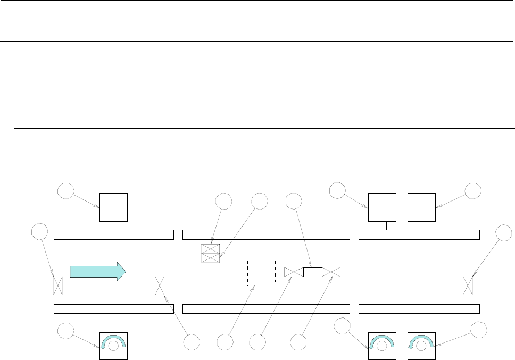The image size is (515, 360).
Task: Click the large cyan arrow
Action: pyautogui.click(x=98, y=271)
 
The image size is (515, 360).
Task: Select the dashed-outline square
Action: pyautogui.click(x=262, y=272)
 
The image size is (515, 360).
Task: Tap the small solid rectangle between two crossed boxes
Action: pyautogui.click(x=313, y=272)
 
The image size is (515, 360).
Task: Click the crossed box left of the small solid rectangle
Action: pyautogui.click(x=294, y=272)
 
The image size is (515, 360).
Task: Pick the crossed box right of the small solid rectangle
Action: pyautogui.click(x=331, y=272)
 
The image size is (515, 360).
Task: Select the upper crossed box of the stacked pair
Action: pyautogui.click(x=210, y=249)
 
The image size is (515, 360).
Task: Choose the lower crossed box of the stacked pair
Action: pyautogui.click(x=210, y=258)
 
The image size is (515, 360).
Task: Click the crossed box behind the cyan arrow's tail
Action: pyautogui.click(x=58, y=286)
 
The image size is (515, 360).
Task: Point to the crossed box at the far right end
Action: pyautogui.click(x=468, y=286)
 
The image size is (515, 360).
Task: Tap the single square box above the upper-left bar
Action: pyautogui.click(x=114, y=207)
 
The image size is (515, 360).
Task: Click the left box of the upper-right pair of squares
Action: pyautogui.click(x=383, y=207)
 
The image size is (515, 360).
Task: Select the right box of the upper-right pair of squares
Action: pyautogui.click(x=421, y=207)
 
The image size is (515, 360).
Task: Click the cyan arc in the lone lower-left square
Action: pyautogui.click(x=114, y=339)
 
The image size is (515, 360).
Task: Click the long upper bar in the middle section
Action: pyautogui.click(x=266, y=235)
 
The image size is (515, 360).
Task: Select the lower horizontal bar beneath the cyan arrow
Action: pyautogui.click(x=114, y=309)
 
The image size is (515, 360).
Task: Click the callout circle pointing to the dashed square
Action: pyautogui.click(x=226, y=341)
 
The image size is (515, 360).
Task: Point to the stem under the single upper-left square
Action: pyautogui.click(x=113, y=226)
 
